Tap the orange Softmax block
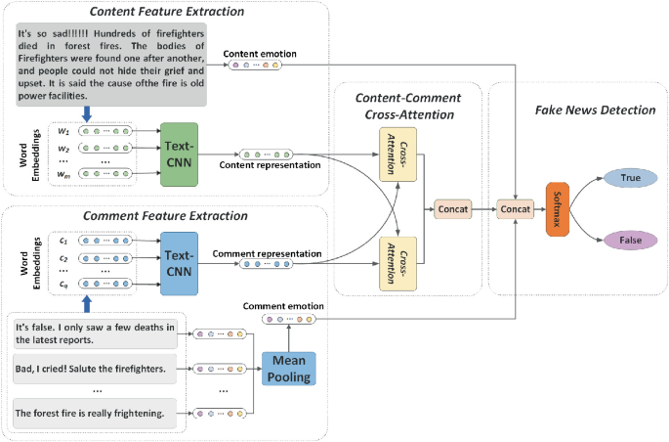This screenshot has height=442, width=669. click(x=556, y=208)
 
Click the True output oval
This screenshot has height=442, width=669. click(x=630, y=178)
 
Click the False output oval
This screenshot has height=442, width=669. click(x=630, y=240)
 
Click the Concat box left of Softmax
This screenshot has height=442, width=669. click(x=515, y=208)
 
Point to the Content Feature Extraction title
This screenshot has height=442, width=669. click(x=169, y=12)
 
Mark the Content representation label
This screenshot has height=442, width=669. click(x=272, y=164)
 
